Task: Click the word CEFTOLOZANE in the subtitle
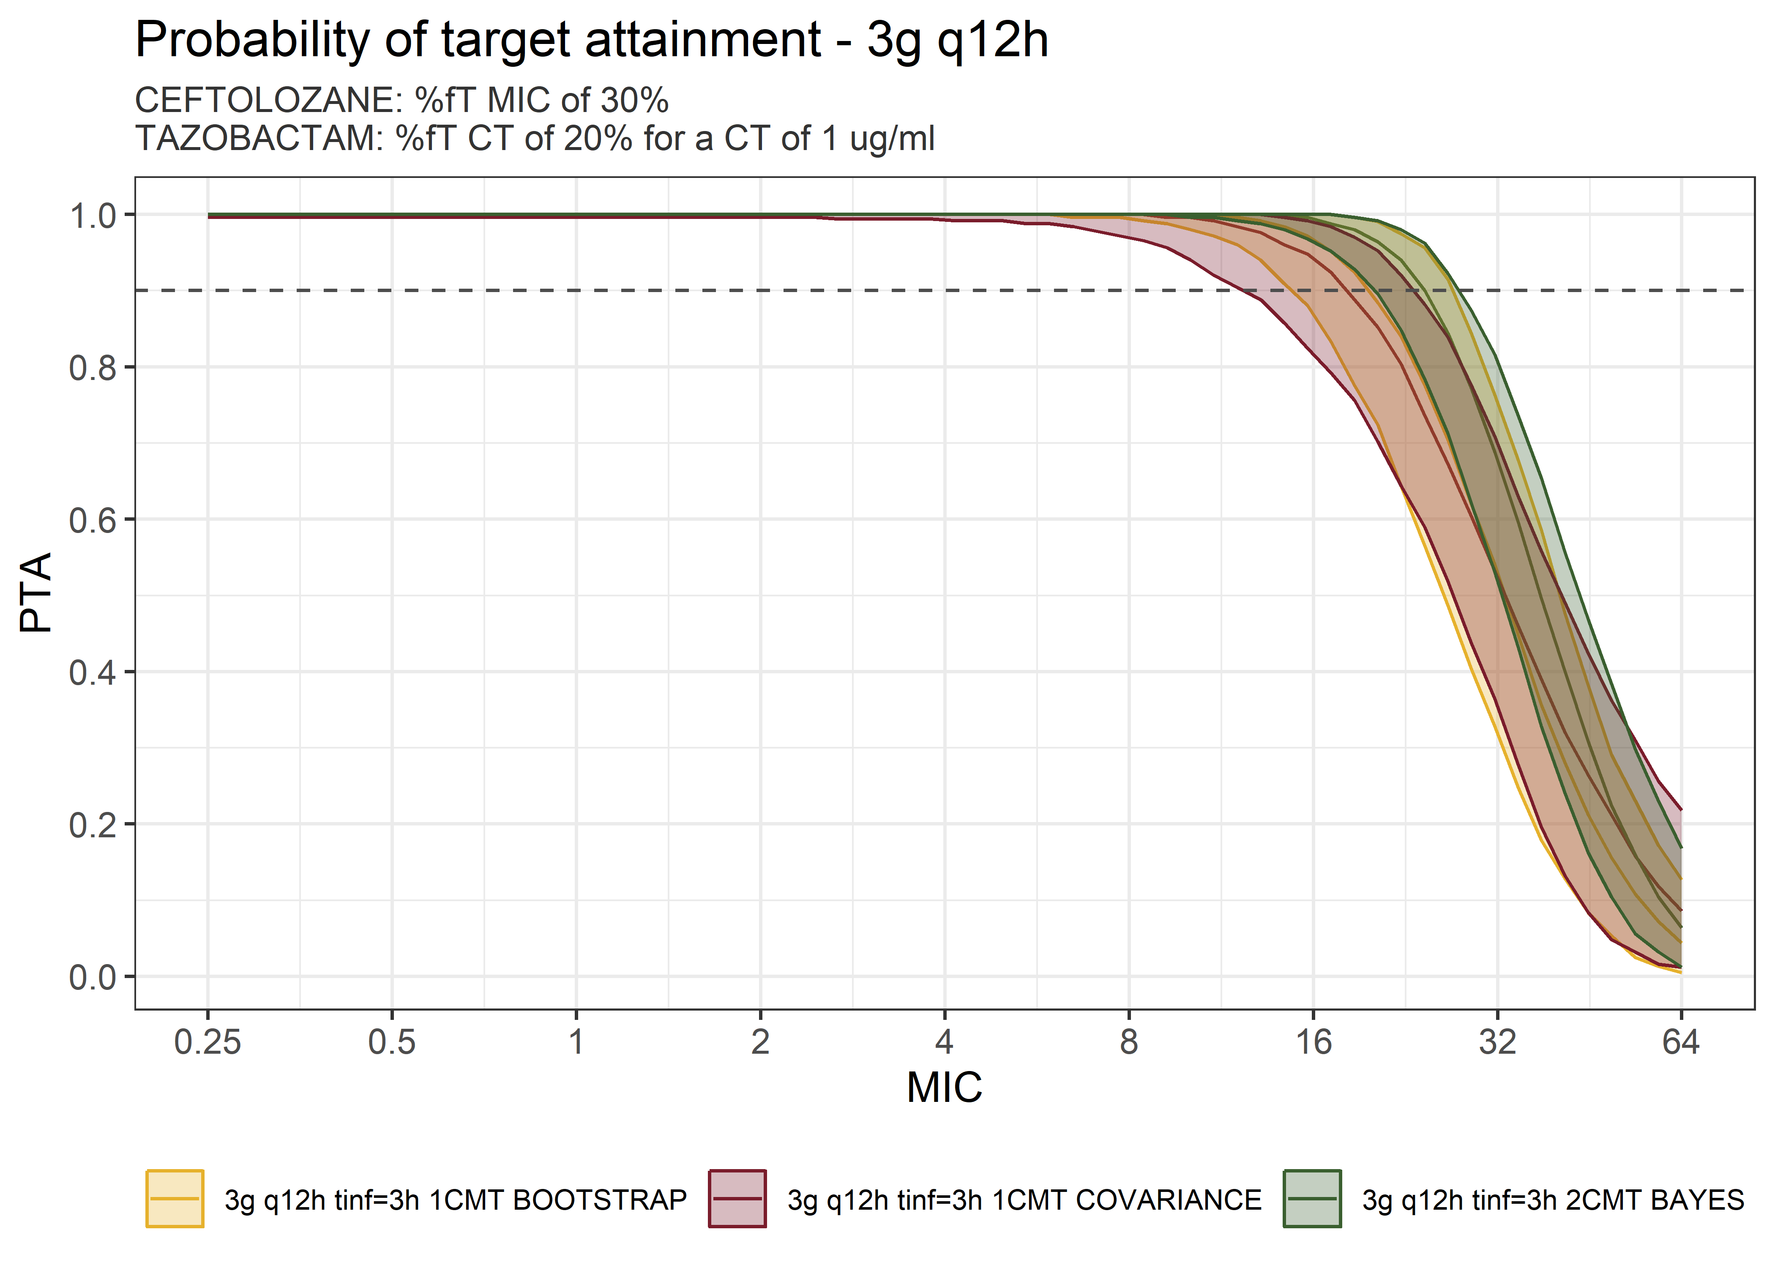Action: (x=268, y=101)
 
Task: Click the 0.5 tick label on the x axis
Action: (x=392, y=1042)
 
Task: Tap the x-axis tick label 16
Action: (x=1313, y=1042)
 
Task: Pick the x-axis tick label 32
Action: (x=1497, y=1042)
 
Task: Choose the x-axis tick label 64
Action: (x=1681, y=1042)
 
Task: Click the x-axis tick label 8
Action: (x=1129, y=1042)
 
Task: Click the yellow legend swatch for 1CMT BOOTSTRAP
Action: (x=175, y=1199)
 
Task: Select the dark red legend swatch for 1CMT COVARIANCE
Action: (x=737, y=1199)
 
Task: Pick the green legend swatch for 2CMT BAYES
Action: (x=1312, y=1199)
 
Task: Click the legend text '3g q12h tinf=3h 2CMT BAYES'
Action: (x=1553, y=1200)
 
